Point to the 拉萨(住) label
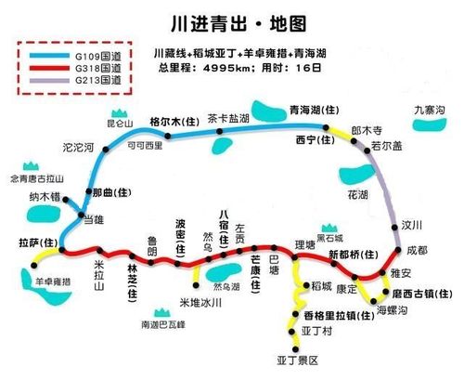[x=38, y=242]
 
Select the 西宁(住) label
[x=313, y=141]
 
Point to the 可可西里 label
[x=144, y=146]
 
